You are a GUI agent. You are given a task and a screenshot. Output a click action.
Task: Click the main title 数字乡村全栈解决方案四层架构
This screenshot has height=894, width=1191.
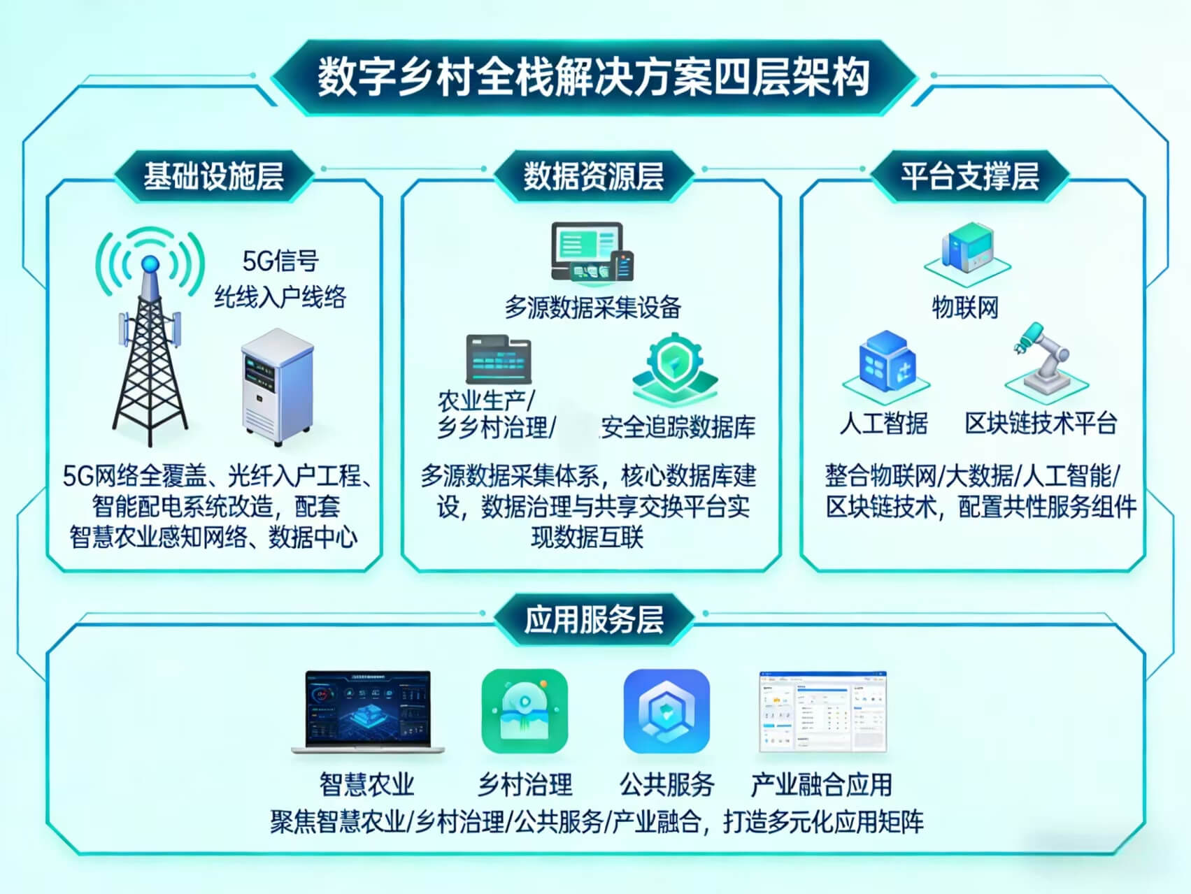click(x=594, y=76)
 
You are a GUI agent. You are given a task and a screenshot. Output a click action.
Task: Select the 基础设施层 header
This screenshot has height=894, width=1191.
click(x=213, y=175)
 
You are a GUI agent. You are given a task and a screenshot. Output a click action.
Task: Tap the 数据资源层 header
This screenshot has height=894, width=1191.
click(x=594, y=175)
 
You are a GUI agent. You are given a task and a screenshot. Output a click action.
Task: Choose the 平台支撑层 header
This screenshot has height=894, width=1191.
click(x=969, y=175)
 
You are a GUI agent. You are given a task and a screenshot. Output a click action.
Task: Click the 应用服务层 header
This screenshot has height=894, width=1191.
click(x=594, y=619)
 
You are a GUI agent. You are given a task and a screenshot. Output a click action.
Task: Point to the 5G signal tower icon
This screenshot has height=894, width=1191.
click(x=150, y=336)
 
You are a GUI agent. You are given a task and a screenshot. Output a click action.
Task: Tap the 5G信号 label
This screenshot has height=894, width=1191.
click(x=280, y=261)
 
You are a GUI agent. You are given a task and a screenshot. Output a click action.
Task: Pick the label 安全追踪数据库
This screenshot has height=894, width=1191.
click(x=678, y=427)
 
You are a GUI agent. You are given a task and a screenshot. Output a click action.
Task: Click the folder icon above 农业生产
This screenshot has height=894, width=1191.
click(x=498, y=360)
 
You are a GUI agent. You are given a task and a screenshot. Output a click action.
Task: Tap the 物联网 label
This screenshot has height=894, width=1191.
click(x=965, y=307)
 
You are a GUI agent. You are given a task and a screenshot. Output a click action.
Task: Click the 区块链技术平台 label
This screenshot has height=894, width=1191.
click(x=1041, y=423)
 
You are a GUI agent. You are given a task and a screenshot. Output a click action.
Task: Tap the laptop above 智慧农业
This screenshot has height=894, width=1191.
click(x=368, y=712)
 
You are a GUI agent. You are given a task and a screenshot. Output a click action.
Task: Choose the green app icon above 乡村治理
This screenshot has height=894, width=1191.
click(x=525, y=711)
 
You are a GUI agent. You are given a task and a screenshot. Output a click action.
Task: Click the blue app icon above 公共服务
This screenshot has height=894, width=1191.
click(x=666, y=711)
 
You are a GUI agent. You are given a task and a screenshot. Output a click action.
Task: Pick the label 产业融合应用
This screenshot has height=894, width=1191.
click(x=822, y=784)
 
